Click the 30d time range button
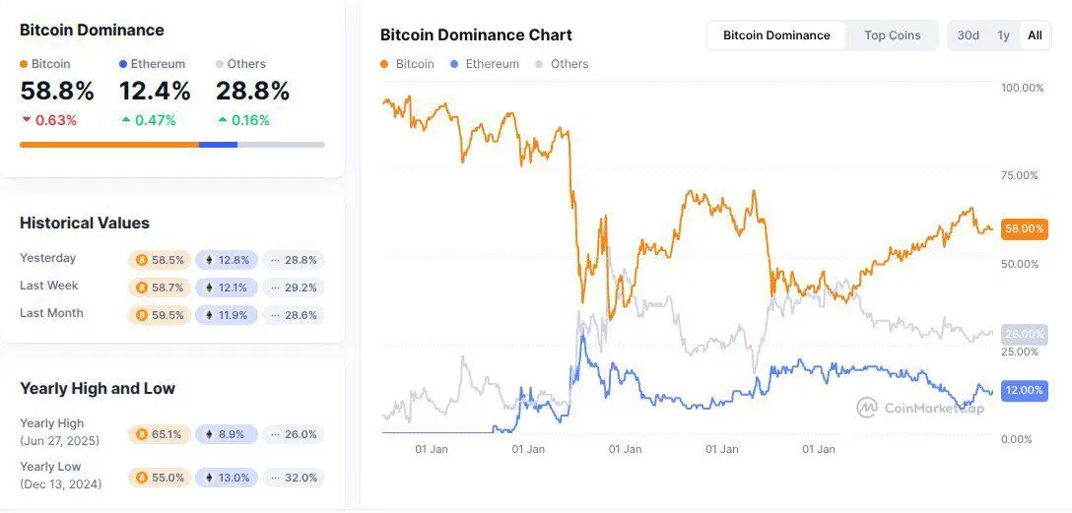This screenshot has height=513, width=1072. (968, 35)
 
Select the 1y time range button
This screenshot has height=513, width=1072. (1003, 35)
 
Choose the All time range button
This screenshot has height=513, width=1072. (1035, 35)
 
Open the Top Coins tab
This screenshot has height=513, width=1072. (892, 35)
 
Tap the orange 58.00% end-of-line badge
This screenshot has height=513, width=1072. (1024, 228)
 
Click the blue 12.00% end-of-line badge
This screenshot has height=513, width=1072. (1024, 390)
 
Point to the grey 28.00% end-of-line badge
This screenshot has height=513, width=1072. (1024, 335)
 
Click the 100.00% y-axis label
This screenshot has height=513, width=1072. (1022, 89)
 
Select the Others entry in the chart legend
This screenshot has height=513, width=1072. (569, 64)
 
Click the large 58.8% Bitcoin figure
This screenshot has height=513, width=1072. (57, 92)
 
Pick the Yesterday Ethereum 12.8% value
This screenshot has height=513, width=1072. (227, 260)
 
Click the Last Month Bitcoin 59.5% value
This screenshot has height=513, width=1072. (159, 315)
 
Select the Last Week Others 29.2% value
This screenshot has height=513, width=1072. (294, 288)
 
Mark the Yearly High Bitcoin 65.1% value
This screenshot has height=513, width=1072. (159, 434)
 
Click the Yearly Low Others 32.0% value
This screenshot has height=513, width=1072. (294, 478)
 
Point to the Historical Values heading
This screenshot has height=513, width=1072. (85, 224)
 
